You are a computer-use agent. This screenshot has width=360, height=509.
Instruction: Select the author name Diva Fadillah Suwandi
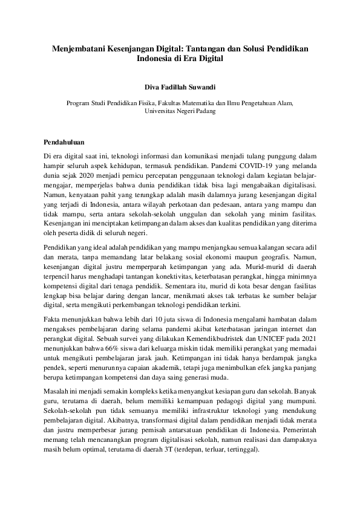pos(180,86)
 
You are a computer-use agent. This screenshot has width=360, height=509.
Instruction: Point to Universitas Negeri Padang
pos(180,112)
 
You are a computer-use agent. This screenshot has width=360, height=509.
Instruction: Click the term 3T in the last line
pos(169,450)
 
